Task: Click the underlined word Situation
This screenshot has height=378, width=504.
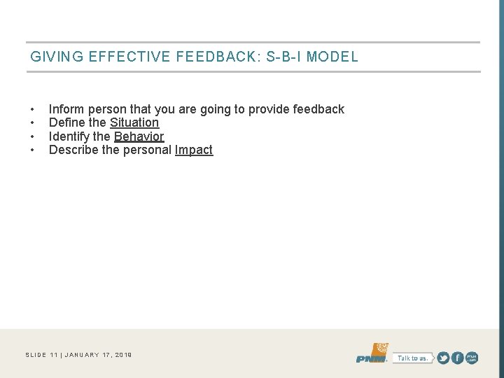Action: [x=134, y=122]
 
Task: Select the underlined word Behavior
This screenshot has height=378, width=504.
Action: [x=139, y=136]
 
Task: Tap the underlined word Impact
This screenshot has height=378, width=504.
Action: [x=194, y=150]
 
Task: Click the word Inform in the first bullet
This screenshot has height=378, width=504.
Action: [x=66, y=109]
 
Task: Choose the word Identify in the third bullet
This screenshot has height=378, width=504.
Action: [x=69, y=136]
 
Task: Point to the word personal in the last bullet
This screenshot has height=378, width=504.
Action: [x=149, y=150]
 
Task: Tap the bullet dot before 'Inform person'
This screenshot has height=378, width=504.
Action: [x=33, y=110]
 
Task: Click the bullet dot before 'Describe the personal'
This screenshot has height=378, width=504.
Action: [x=33, y=150]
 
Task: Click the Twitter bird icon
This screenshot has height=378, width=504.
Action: [x=443, y=358]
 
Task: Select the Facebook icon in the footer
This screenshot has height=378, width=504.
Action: [x=457, y=358]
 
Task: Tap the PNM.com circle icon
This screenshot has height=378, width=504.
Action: [x=472, y=358]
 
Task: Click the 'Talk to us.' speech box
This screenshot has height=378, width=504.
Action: [x=412, y=358]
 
